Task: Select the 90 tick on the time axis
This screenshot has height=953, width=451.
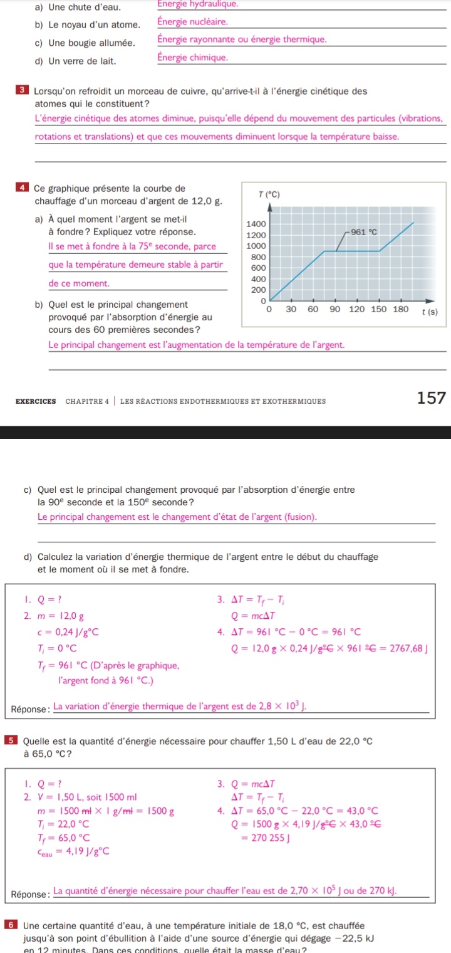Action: (335, 309)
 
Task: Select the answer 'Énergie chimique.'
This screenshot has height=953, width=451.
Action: (192, 58)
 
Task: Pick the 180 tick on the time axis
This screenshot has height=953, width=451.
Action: (400, 309)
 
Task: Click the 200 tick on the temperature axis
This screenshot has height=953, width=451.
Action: (256, 290)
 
